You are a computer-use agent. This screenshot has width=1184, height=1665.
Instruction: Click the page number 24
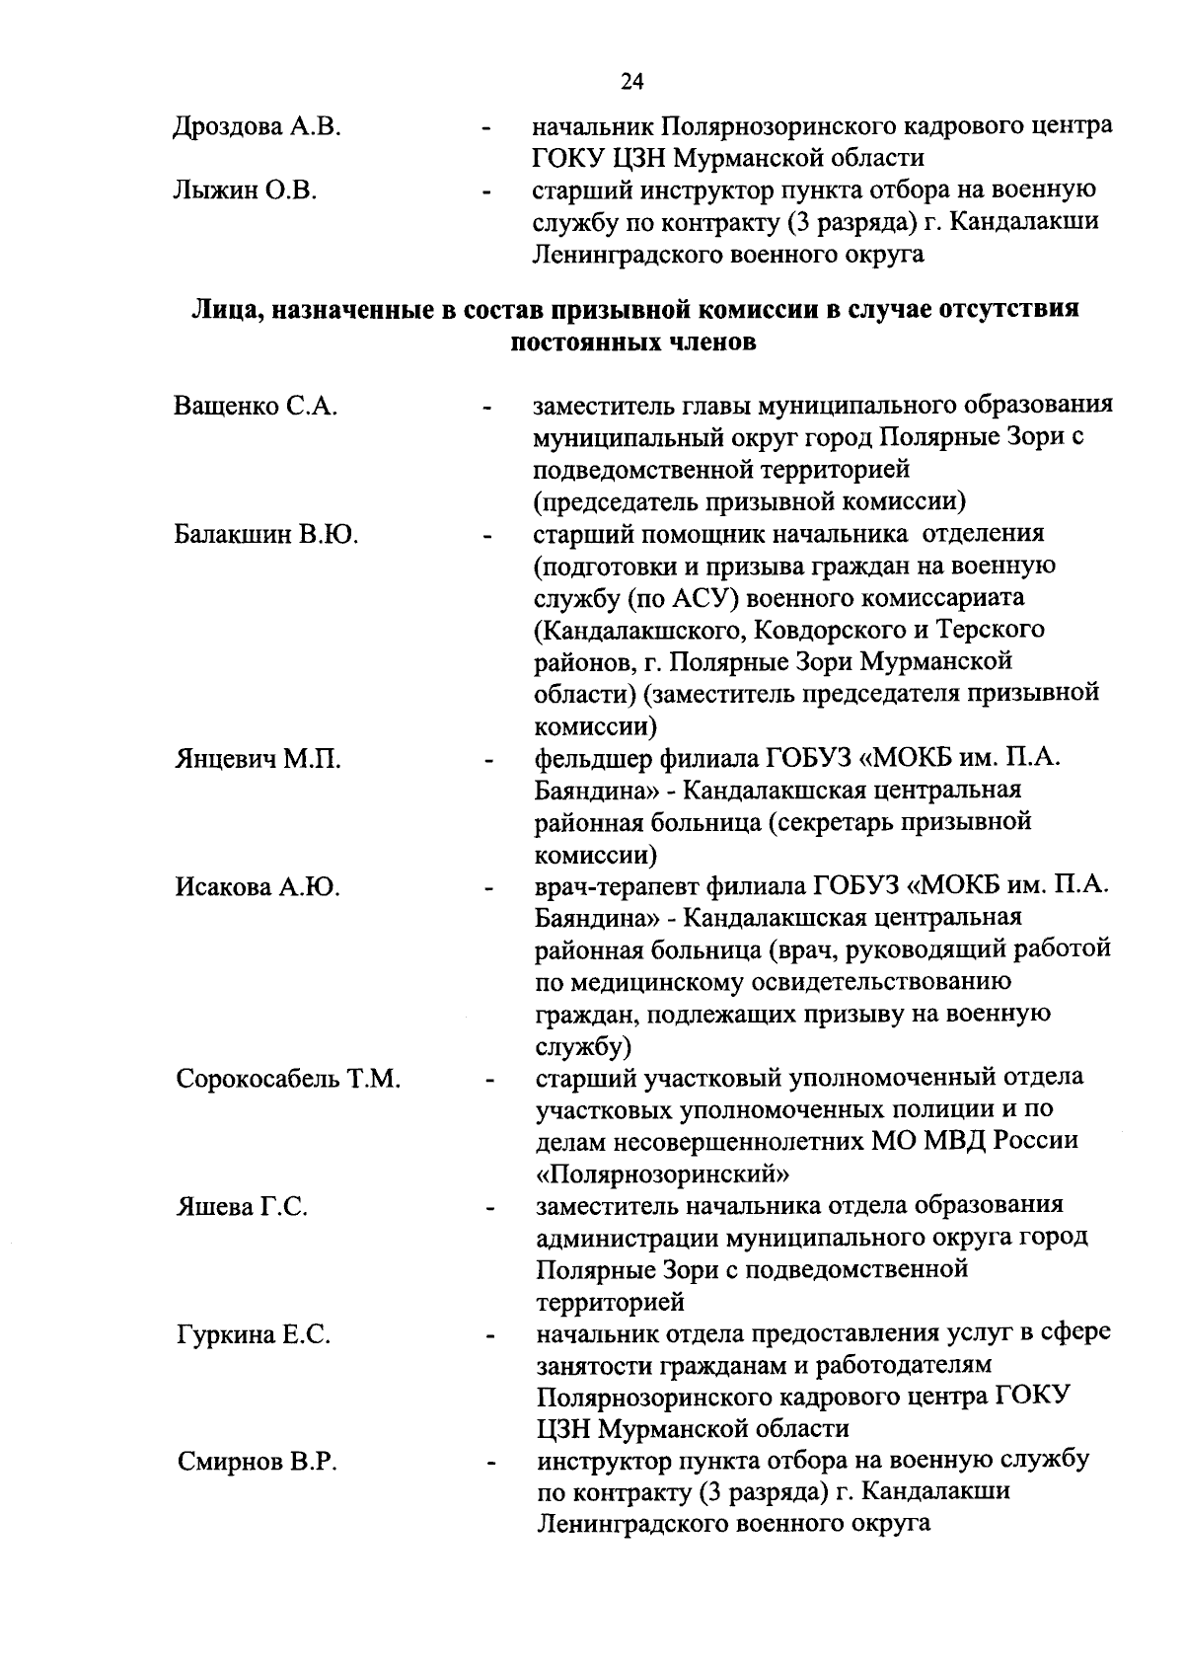click(632, 82)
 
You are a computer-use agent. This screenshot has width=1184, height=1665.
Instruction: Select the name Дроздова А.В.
click(258, 127)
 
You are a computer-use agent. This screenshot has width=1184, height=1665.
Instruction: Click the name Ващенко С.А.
click(256, 406)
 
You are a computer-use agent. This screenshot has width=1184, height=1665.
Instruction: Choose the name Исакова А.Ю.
click(258, 887)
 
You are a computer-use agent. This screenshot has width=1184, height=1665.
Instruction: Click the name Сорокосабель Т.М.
click(288, 1079)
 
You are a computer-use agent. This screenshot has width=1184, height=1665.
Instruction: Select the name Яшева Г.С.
click(242, 1206)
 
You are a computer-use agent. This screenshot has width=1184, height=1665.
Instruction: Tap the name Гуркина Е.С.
click(253, 1335)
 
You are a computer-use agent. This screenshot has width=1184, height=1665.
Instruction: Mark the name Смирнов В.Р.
click(258, 1463)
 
